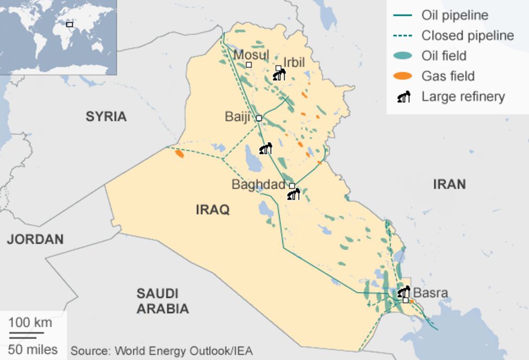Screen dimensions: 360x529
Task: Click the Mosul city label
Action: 251,55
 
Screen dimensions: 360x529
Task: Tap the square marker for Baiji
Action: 259,118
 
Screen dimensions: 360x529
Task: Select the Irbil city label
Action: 294,62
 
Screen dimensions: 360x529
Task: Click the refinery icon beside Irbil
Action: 279,75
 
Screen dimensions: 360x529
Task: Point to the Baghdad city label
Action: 258,184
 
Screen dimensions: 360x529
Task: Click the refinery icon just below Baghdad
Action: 293,194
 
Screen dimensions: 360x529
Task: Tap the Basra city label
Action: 430,293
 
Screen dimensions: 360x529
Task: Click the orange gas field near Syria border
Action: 179,154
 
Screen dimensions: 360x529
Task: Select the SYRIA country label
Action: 106,116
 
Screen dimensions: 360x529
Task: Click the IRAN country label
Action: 449,184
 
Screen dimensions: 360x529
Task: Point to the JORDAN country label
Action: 35,239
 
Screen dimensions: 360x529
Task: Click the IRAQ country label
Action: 212,209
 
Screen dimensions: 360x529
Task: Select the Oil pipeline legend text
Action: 454,15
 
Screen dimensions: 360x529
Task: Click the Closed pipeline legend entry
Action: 467,36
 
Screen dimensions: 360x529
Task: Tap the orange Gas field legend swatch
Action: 402,76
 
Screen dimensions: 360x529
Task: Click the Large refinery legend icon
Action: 404,97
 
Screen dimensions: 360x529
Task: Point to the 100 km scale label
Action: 30,323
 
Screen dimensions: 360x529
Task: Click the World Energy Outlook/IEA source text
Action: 161,351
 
